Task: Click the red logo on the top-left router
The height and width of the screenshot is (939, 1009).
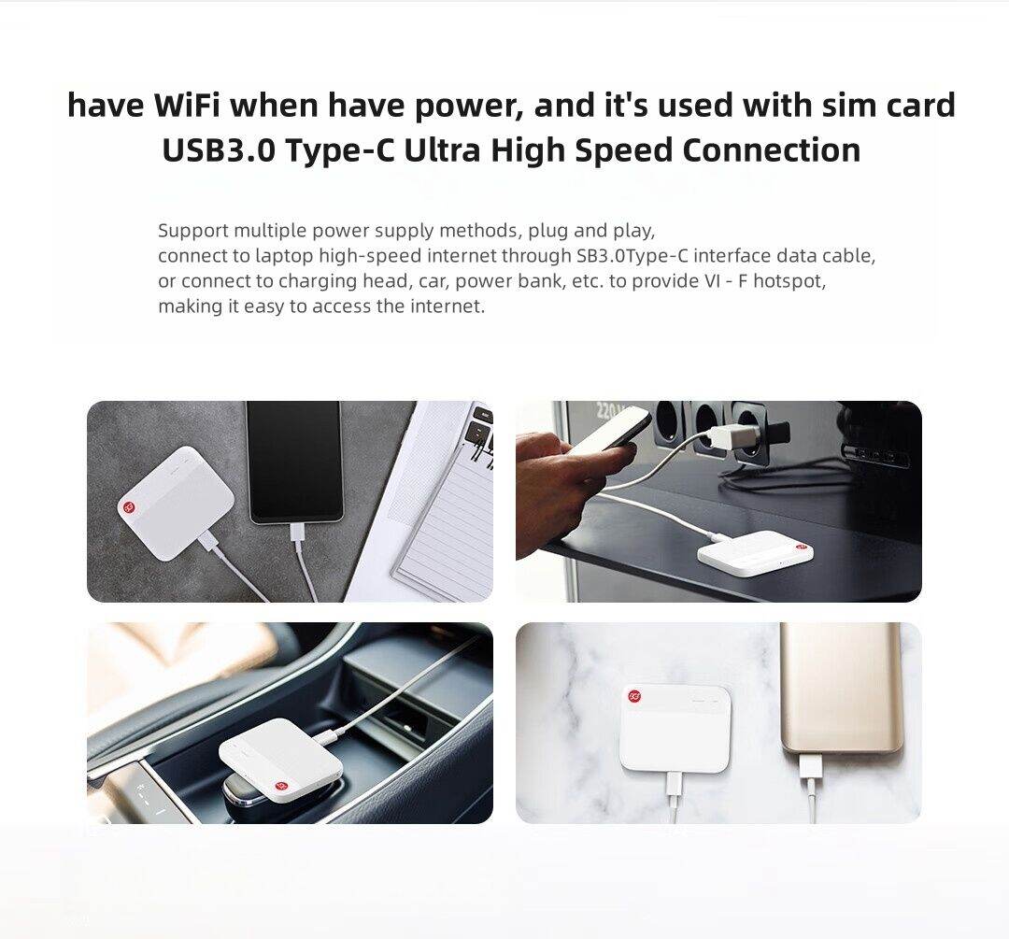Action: (129, 506)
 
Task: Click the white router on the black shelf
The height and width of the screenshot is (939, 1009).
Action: (754, 552)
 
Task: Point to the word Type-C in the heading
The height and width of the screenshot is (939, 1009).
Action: (340, 150)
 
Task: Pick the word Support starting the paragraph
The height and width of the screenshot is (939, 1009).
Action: (192, 230)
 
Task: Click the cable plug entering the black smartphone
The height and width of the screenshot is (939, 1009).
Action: (297, 532)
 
